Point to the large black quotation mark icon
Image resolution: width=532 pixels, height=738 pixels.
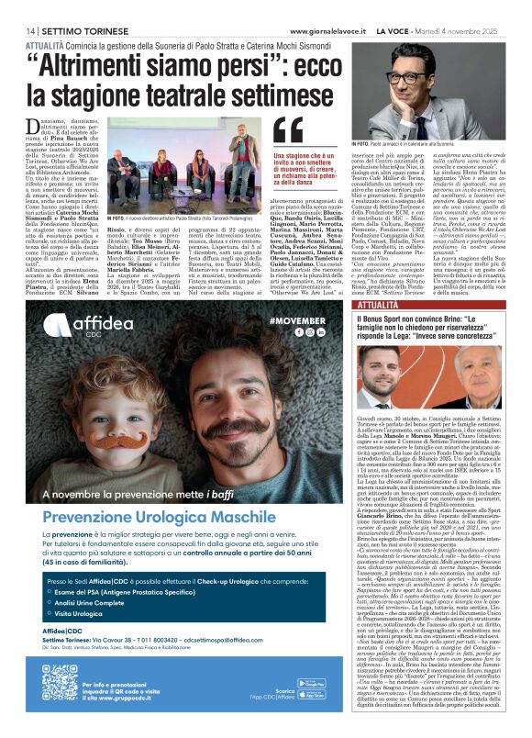[287, 130]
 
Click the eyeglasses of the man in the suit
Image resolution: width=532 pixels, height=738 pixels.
[410, 77]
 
